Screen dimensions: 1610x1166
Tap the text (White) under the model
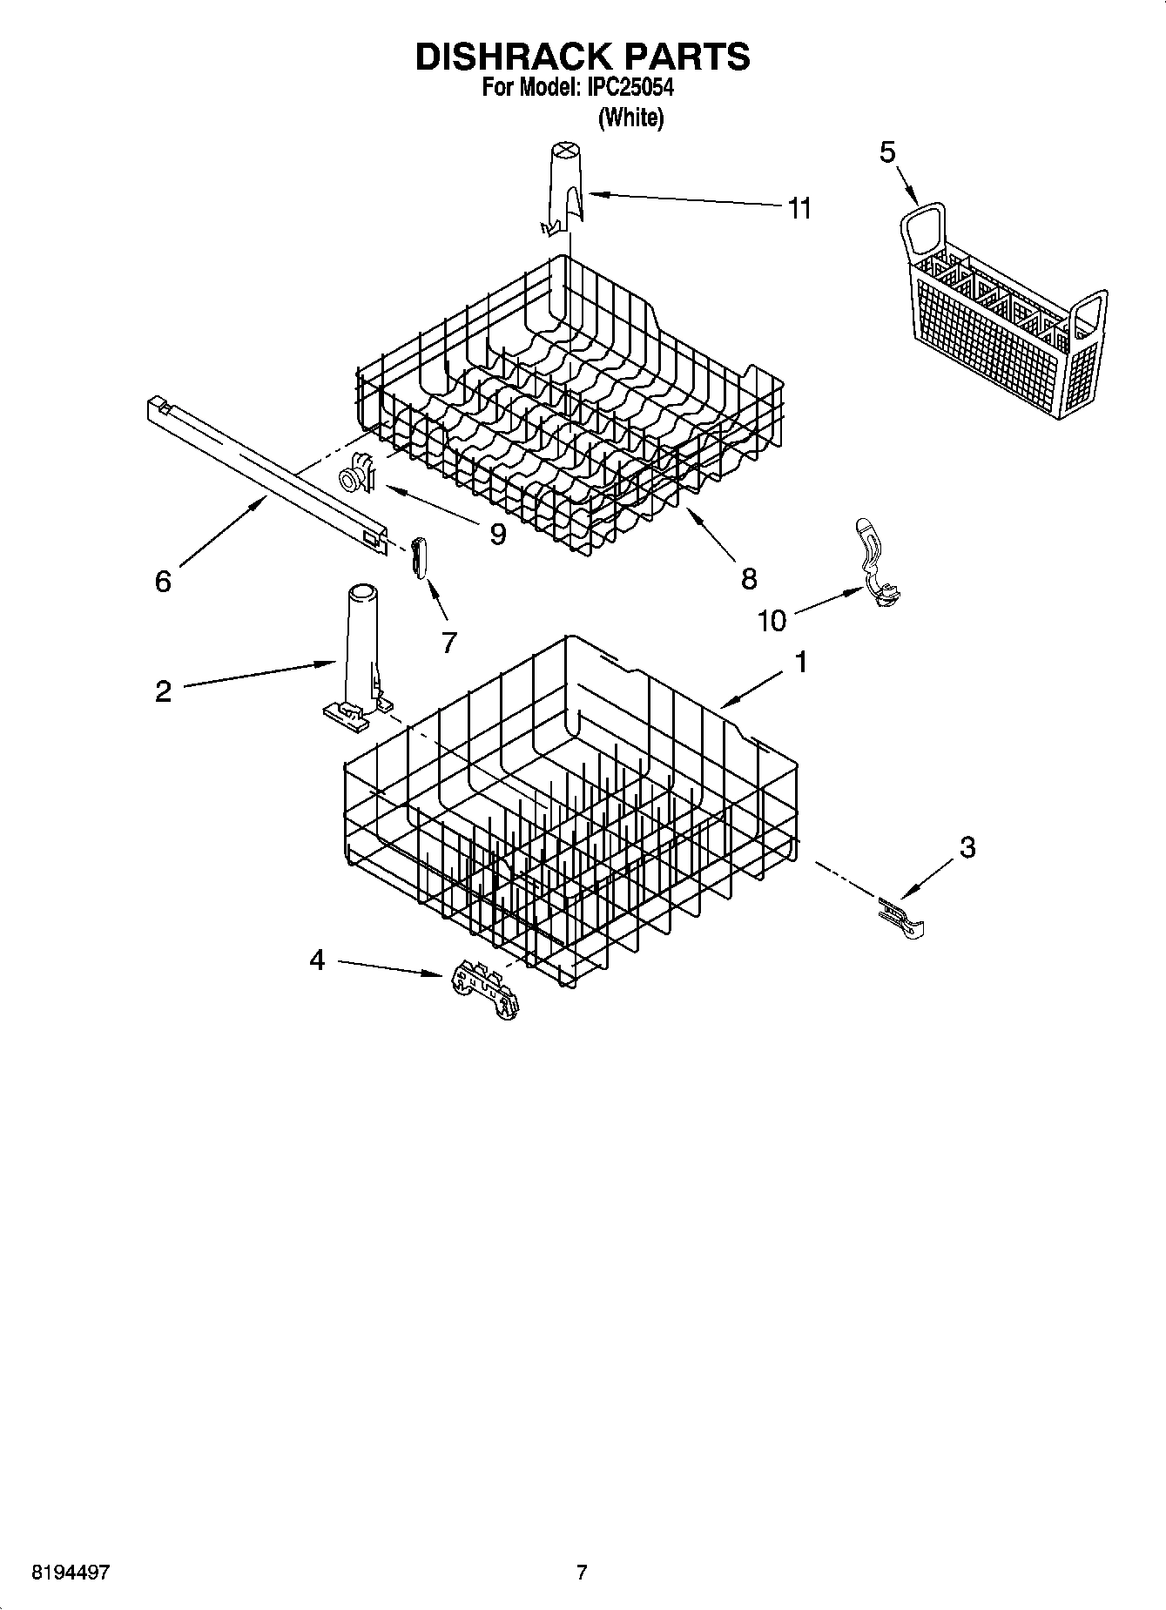(630, 118)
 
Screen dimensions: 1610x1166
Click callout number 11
(799, 208)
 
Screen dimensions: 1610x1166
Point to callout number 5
(886, 152)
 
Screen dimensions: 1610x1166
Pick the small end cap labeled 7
(419, 556)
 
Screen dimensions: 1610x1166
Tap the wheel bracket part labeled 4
(484, 989)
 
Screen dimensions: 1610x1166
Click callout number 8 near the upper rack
(749, 578)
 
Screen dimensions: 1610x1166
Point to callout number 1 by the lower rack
(799, 663)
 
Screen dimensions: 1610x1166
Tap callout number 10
(772, 620)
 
